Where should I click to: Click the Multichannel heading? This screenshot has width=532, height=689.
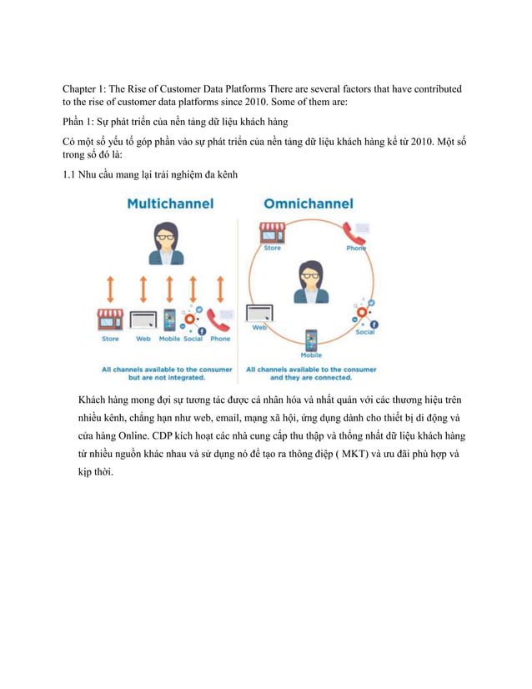pos(169,204)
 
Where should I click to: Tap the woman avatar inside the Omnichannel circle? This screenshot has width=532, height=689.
pos(309,281)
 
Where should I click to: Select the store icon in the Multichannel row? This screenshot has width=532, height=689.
pos(110,319)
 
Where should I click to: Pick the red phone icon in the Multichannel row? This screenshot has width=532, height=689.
pos(220,320)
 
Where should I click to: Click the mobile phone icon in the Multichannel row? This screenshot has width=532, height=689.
pos(169,320)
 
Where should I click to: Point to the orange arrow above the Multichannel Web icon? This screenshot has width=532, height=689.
pos(143,289)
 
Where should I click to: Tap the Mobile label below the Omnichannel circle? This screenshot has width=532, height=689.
pos(311,355)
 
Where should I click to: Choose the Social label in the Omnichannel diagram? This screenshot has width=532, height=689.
pos(364,331)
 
